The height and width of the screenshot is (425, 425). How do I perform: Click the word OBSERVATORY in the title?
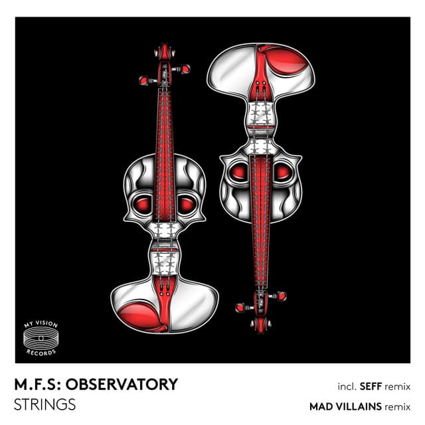(122, 384)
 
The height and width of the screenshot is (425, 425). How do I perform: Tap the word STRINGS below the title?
(44, 404)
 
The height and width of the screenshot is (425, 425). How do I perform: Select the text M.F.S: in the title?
(39, 384)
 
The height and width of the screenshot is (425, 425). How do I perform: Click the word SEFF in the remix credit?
(371, 386)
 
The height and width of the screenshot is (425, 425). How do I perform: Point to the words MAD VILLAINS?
(345, 406)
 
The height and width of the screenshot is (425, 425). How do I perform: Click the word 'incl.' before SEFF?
(347, 386)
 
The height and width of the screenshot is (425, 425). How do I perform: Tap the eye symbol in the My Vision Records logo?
(41, 338)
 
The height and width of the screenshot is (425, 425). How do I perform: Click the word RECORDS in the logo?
(41, 353)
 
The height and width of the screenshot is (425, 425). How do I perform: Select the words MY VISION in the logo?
(41, 324)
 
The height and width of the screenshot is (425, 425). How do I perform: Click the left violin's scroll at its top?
(165, 51)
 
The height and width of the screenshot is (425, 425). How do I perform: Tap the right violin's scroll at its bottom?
(261, 325)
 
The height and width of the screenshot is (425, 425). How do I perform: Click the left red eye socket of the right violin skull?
(238, 172)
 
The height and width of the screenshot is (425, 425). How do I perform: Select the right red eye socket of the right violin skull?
(283, 172)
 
